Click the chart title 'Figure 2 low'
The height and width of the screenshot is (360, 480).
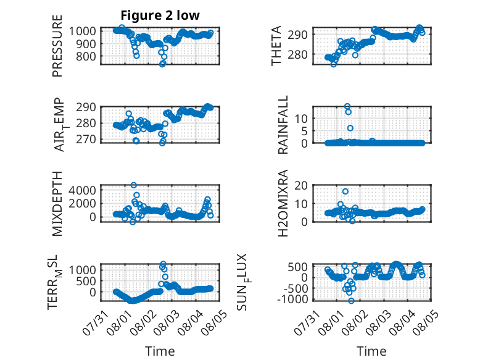tap(160, 15)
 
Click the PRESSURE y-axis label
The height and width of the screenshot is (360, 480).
tap(57, 46)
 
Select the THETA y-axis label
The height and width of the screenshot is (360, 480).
tap(276, 46)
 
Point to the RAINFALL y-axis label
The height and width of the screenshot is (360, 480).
tap(283, 125)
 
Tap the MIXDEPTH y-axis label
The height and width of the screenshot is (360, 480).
tap(57, 204)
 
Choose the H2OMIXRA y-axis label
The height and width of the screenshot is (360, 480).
tap(283, 203)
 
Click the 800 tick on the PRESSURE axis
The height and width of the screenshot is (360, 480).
tap(86, 56)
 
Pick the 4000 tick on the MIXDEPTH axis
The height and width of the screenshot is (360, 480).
tap(82, 190)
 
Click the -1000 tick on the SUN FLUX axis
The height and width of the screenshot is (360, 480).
tap(292, 299)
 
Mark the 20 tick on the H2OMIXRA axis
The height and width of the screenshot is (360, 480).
tap(300, 185)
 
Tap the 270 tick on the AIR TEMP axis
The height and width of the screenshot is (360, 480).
tap(86, 139)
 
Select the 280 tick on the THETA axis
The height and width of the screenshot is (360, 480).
tap(297, 54)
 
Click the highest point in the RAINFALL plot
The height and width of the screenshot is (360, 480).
tap(347, 106)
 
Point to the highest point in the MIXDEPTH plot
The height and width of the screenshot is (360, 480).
tap(133, 185)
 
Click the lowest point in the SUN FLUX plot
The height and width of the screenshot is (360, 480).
tap(351, 301)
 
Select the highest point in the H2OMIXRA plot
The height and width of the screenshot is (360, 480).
tap(346, 191)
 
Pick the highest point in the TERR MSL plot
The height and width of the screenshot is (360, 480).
tap(163, 264)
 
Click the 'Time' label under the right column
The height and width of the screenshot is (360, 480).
tap(371, 351)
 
